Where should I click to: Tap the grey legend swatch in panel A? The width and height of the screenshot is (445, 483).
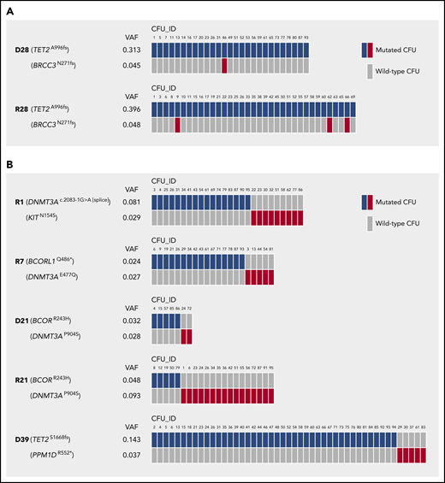tap(370, 69)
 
